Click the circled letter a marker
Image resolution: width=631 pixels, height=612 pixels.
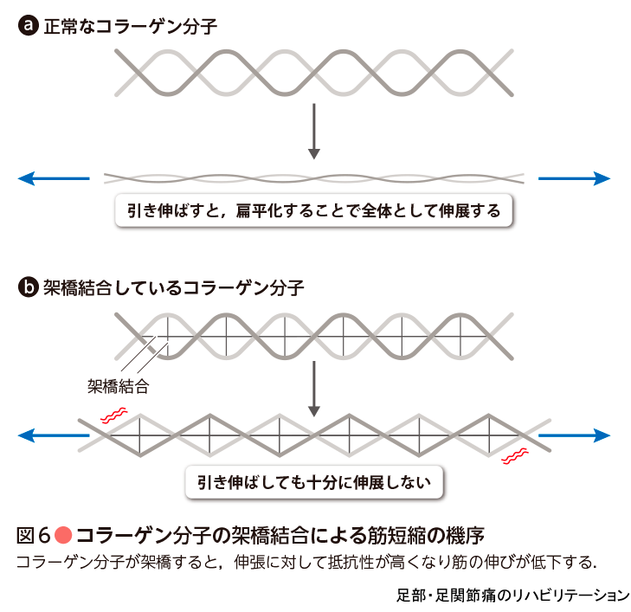click(27, 26)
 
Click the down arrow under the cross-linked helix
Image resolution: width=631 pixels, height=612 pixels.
click(314, 386)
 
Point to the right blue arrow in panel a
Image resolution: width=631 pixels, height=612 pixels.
click(575, 178)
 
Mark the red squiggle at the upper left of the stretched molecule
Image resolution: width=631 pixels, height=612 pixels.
click(113, 415)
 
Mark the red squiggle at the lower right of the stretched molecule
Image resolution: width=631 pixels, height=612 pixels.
click(517, 455)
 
